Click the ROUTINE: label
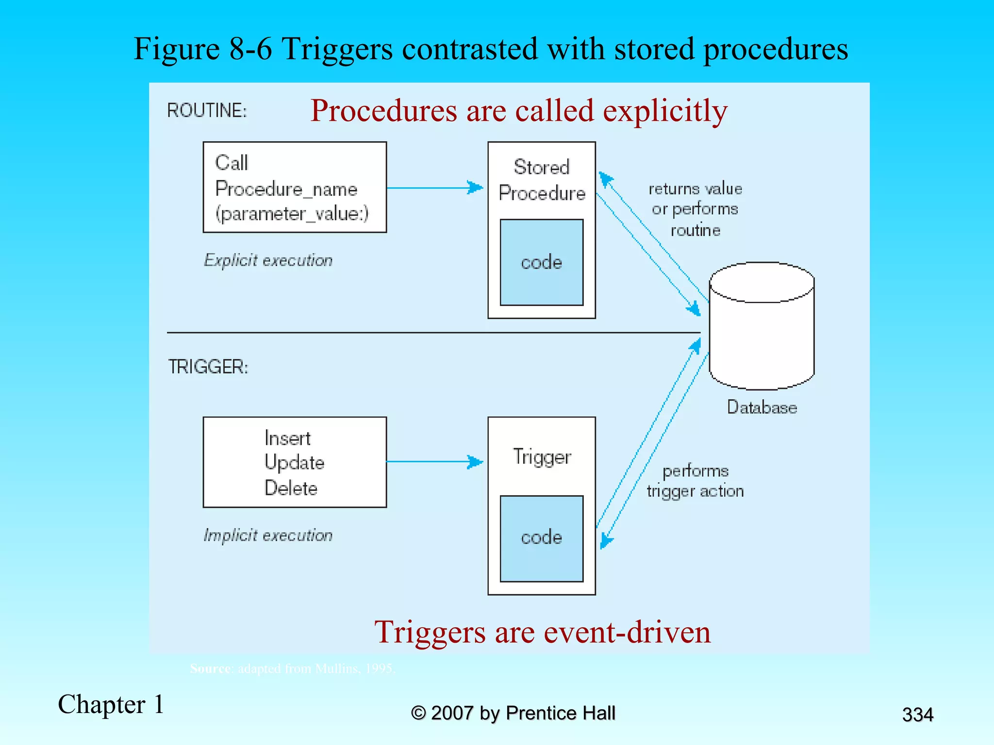[x=207, y=111]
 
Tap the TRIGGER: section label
[x=208, y=367]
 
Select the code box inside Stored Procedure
[x=541, y=262]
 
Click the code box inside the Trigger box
[x=541, y=538]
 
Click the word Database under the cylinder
[x=762, y=407]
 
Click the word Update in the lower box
[x=294, y=463]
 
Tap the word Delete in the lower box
[x=291, y=488]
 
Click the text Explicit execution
[x=268, y=260]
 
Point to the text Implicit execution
[x=268, y=535]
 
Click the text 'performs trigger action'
[x=695, y=481]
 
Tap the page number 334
[x=917, y=714]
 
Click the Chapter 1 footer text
[x=111, y=704]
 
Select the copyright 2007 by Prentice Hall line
[x=513, y=713]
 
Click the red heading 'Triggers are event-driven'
[x=542, y=632]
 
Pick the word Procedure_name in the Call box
[x=286, y=189]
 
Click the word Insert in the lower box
[x=287, y=438]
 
